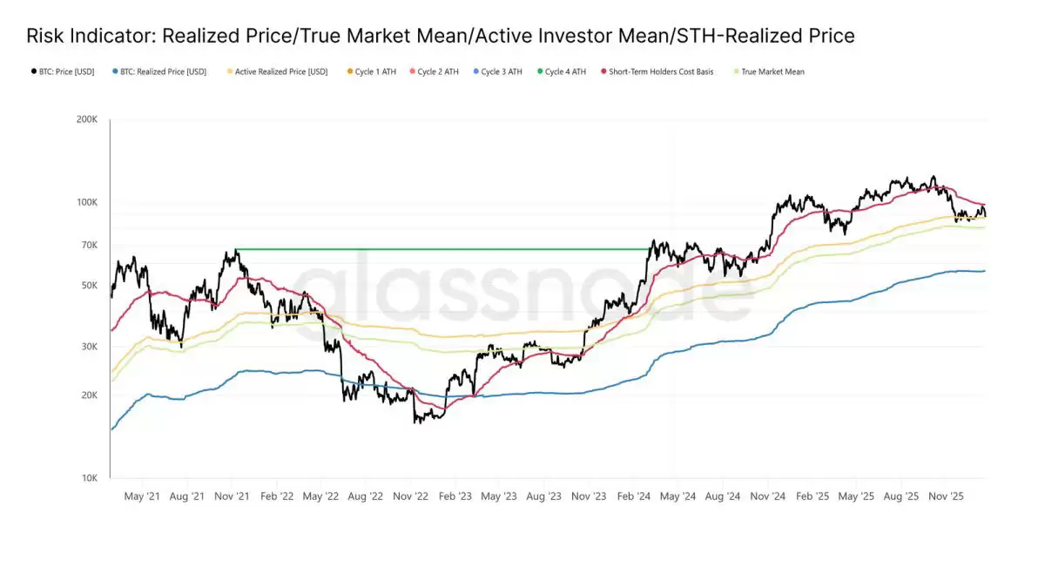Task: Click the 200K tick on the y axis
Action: point(86,120)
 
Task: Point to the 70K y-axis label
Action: point(89,245)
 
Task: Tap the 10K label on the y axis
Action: point(89,477)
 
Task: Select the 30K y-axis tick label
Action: point(89,346)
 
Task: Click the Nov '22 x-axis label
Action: point(410,497)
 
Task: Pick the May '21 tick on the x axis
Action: point(142,497)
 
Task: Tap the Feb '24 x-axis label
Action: point(633,497)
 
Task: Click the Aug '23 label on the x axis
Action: point(543,497)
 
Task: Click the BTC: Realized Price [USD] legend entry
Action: point(162,71)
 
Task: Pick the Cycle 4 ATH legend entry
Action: point(564,71)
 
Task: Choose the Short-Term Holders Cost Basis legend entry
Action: point(660,71)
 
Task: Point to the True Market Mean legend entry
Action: point(772,71)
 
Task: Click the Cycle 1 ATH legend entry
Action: point(374,71)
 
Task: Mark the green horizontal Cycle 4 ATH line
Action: point(435,250)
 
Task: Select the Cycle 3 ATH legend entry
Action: point(501,71)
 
